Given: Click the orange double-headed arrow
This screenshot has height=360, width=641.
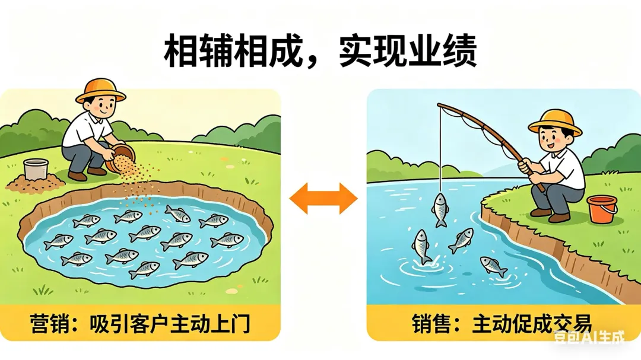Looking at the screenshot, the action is [323, 197].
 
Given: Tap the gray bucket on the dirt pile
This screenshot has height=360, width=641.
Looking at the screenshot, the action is [36, 169].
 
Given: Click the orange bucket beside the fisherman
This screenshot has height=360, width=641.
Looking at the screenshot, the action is [601, 209].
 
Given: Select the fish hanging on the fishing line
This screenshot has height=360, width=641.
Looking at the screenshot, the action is [440, 209].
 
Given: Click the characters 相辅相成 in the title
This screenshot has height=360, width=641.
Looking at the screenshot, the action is [228, 52].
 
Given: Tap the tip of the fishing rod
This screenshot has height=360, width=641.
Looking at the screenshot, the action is [440, 107].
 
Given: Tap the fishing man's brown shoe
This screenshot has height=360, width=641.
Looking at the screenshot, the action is [540, 212].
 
